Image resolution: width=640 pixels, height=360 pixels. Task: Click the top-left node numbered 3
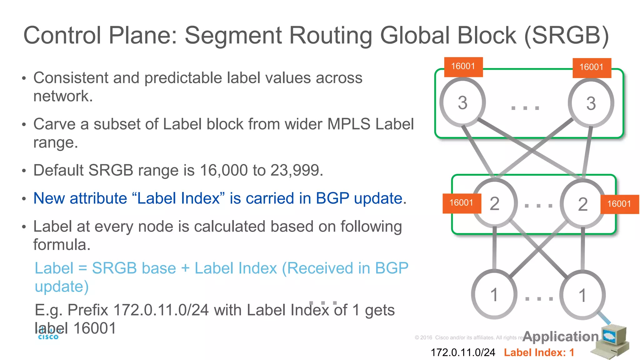pyautogui.click(x=462, y=102)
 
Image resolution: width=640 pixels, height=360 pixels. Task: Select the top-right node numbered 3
pyautogui.click(x=591, y=103)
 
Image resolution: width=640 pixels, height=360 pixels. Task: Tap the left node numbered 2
pyautogui.click(x=494, y=203)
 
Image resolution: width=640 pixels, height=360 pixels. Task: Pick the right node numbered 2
pyautogui.click(x=582, y=204)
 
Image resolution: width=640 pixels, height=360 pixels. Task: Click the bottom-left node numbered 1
pyautogui.click(x=494, y=295)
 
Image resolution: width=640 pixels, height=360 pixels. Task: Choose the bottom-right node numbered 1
pyautogui.click(x=582, y=295)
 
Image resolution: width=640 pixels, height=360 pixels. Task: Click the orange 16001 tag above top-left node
pyautogui.click(x=463, y=67)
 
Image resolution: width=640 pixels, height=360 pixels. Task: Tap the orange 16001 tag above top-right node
pyautogui.click(x=592, y=67)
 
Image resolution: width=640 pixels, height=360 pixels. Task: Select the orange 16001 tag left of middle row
pyautogui.click(x=462, y=203)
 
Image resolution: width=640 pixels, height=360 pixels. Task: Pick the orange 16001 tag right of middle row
pyautogui.click(x=619, y=204)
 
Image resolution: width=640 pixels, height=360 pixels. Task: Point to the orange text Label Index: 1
pyautogui.click(x=539, y=352)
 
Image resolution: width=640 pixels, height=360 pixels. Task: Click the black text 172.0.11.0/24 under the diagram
pyautogui.click(x=463, y=352)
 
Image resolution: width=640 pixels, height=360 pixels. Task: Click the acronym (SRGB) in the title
pyautogui.click(x=567, y=36)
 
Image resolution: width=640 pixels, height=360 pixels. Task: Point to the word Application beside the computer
pyautogui.click(x=561, y=336)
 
